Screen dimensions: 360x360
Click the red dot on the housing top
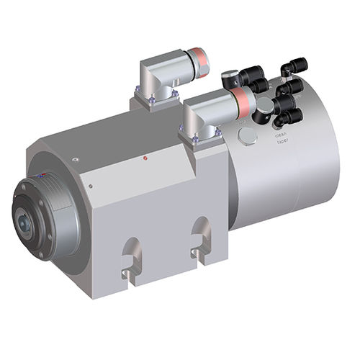(x=145, y=158)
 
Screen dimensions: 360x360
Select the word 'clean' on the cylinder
(x=281, y=133)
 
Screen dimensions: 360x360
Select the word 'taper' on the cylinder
(x=282, y=142)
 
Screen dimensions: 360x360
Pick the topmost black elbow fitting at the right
(x=296, y=67)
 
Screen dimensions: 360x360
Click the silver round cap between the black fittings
(x=264, y=105)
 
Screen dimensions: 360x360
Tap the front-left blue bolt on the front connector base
(x=194, y=139)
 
